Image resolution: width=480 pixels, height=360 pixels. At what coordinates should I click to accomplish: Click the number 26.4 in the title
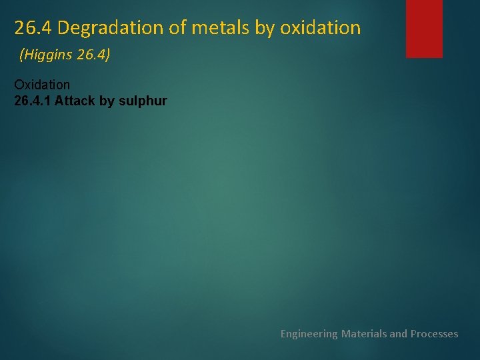tap(33, 28)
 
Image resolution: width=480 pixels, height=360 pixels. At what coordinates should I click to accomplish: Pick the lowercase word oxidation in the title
tap(321, 28)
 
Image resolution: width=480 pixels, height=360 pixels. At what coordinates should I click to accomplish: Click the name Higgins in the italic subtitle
tap(49, 55)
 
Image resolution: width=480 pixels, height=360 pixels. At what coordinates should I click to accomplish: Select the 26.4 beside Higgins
tap(91, 55)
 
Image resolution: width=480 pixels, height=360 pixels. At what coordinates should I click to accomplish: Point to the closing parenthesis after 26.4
tap(108, 55)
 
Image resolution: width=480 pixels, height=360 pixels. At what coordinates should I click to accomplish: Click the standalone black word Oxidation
tap(42, 85)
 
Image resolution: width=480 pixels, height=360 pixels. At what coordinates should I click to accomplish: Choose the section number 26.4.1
tap(33, 101)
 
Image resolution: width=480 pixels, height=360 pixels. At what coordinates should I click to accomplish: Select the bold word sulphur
tap(146, 101)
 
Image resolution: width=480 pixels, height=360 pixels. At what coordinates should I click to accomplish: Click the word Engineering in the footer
tap(309, 333)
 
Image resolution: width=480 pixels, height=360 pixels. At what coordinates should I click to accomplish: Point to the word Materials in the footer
tap(363, 333)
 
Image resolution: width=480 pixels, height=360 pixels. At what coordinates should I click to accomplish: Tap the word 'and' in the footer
tap(399, 333)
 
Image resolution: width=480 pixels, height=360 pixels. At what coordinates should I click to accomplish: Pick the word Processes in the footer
tap(434, 333)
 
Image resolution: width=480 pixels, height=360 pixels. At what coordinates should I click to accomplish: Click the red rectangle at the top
tap(425, 28)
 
